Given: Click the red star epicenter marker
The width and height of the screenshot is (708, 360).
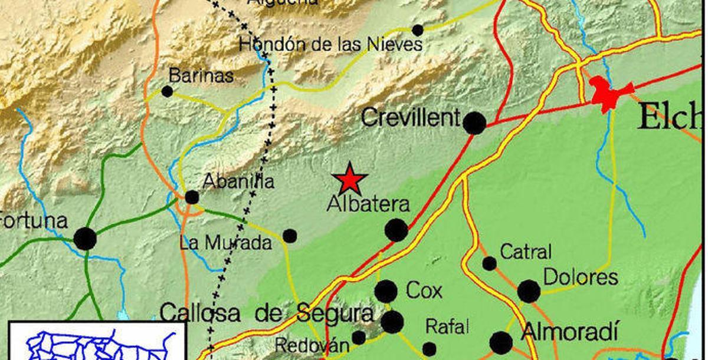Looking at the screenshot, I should (x=350, y=179).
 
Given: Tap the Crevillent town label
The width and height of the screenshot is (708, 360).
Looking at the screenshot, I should (x=410, y=117).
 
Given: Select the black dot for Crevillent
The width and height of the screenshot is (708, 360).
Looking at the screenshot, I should (x=474, y=123).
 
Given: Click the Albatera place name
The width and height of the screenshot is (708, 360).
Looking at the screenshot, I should (x=368, y=204).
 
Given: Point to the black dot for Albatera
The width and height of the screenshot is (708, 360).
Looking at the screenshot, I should (x=396, y=230).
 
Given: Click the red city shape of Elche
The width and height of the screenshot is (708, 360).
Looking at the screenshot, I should (x=608, y=93).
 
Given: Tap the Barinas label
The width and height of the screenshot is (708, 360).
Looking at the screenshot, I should (x=201, y=75).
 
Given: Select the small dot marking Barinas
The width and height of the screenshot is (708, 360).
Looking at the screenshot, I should (x=167, y=91).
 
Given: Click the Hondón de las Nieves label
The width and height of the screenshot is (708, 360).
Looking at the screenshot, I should (x=330, y=44).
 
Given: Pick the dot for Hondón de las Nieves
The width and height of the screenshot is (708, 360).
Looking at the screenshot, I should (x=418, y=30).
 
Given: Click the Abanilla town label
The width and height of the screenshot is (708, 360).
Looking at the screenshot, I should (x=238, y=181).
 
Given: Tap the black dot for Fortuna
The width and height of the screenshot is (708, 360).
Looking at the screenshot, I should (x=85, y=239).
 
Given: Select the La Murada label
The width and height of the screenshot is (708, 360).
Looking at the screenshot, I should (x=226, y=242).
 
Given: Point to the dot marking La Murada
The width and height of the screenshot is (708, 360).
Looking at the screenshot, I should (x=290, y=236).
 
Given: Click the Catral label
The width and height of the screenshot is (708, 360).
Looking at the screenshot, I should (x=526, y=252).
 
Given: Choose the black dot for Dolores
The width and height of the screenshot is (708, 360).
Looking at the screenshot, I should (x=529, y=291).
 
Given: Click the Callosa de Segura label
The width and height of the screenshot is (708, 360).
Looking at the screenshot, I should (x=266, y=312).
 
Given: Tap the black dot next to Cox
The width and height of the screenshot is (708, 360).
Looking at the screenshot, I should (x=386, y=291).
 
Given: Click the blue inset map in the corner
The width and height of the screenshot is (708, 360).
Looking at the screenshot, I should (x=94, y=342).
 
